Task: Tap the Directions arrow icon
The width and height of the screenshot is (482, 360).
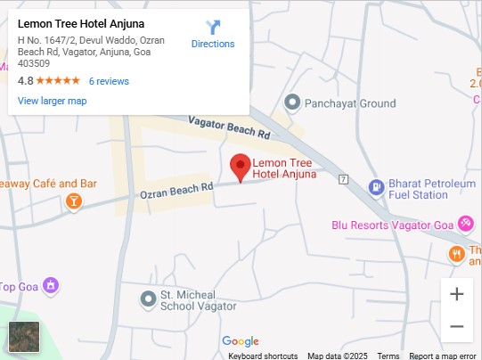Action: click(x=213, y=28)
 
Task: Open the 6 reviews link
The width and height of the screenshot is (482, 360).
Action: click(x=109, y=81)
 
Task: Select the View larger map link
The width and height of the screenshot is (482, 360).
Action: click(x=52, y=101)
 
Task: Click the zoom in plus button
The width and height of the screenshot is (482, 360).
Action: click(x=456, y=294)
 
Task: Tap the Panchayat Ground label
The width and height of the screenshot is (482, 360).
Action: click(x=350, y=103)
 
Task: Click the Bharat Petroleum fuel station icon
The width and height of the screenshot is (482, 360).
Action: click(x=376, y=187)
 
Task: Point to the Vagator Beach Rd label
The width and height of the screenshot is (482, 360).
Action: click(x=229, y=128)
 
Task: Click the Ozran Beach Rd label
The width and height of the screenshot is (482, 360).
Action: click(x=177, y=190)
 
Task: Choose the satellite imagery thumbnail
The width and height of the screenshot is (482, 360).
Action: click(x=24, y=337)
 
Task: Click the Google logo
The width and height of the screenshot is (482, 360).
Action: click(x=241, y=341)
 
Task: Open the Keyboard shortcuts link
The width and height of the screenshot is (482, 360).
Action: click(x=263, y=356)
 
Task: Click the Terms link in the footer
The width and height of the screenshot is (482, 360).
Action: click(x=388, y=356)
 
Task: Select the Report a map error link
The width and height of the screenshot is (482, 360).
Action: click(x=443, y=356)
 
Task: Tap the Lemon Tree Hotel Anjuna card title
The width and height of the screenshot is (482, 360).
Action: click(x=81, y=23)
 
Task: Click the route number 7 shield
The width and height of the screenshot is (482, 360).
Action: click(x=343, y=179)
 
